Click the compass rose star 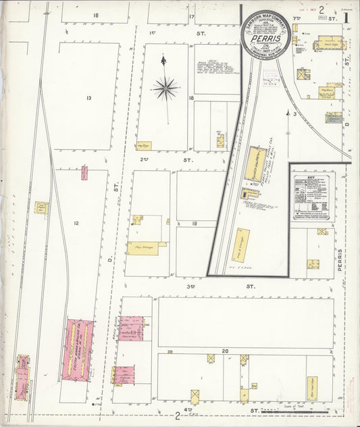pos(165,87)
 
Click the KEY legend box pos(312,197)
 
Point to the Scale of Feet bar pos(311,409)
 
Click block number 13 pos(88,98)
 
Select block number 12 pos(76,223)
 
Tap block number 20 pos(225,350)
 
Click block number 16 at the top pos(96,15)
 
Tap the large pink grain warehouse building pos(78,349)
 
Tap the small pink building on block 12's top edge pos(84,172)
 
